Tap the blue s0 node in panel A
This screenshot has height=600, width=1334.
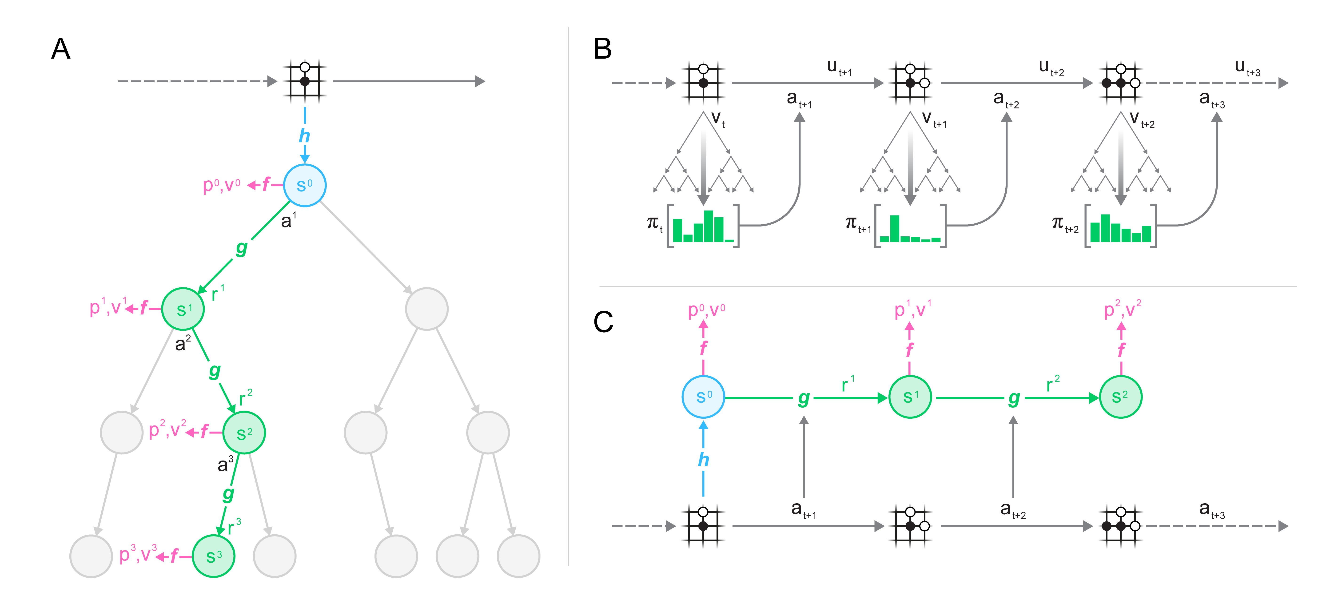[x=304, y=185]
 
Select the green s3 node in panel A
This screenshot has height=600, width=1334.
[x=213, y=556]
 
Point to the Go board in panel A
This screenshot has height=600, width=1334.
[x=305, y=81]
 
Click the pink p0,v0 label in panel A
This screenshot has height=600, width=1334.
[x=222, y=185]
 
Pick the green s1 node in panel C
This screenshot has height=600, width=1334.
[x=910, y=397]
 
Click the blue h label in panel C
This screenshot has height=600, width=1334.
[x=703, y=459]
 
